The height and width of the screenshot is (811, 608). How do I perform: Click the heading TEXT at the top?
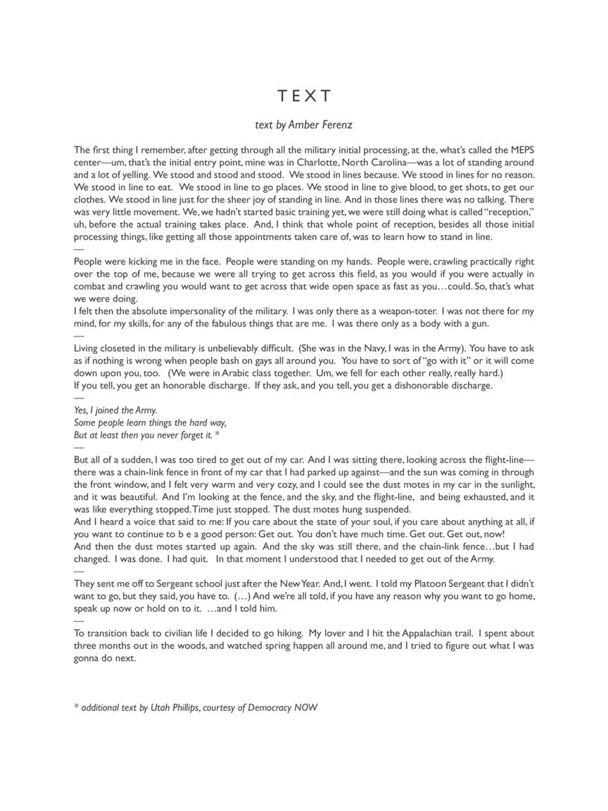pyautogui.click(x=303, y=96)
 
